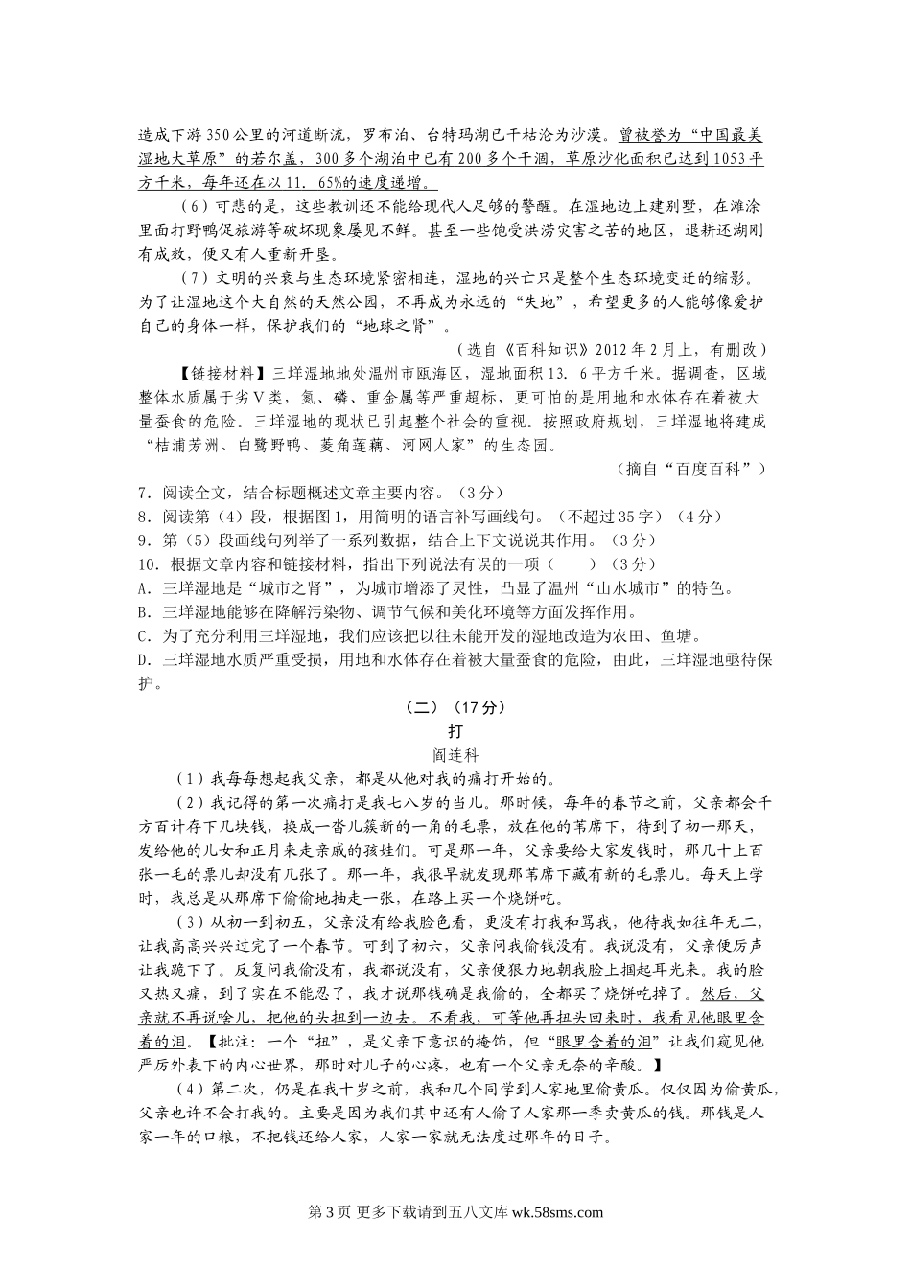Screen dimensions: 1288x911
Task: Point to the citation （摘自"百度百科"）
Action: [x=689, y=469]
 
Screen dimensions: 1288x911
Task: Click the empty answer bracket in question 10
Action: [x=569, y=564]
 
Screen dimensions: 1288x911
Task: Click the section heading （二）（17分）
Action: [x=455, y=708]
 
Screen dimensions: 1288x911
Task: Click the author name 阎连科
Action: [x=455, y=755]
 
